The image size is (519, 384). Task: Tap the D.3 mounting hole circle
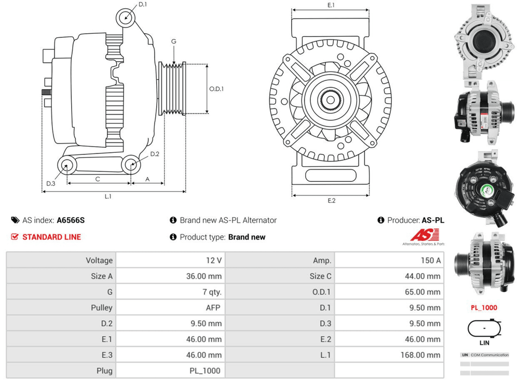tap(66, 166)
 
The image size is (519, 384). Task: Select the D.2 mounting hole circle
tap(131, 165)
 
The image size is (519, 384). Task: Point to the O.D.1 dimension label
tap(216, 89)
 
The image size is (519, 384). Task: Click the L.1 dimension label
tap(108, 196)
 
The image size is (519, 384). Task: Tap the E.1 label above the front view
tap(331, 5)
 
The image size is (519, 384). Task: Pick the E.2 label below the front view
tap(331, 201)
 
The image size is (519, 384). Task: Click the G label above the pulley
tap(174, 41)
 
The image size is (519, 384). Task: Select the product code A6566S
tap(71, 220)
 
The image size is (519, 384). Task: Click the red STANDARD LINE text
tap(51, 237)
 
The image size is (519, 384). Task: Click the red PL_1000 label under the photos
tap(484, 308)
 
